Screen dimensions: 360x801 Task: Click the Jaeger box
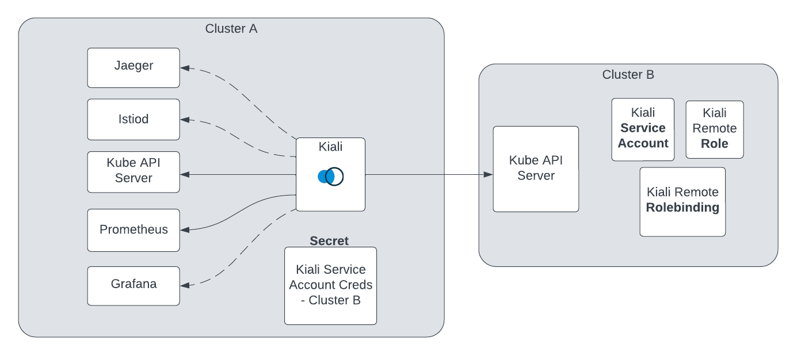click(x=133, y=67)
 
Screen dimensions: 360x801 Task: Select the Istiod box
click(x=133, y=119)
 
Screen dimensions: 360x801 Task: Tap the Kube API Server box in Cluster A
click(x=133, y=171)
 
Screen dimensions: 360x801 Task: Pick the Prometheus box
click(x=133, y=230)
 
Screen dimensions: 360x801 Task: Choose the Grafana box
click(x=133, y=285)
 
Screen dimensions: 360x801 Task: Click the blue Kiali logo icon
click(x=330, y=177)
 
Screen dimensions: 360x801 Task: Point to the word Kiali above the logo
click(x=330, y=147)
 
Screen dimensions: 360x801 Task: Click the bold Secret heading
click(x=329, y=241)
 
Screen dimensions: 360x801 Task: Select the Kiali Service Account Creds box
click(x=330, y=285)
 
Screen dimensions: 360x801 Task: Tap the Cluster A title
click(x=231, y=29)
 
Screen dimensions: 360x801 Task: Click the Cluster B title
click(x=628, y=75)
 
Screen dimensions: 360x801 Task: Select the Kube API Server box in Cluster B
click(x=536, y=168)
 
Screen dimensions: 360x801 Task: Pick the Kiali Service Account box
click(x=643, y=129)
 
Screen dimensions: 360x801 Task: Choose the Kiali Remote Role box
click(x=714, y=129)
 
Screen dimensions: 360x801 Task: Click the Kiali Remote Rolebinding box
click(x=682, y=201)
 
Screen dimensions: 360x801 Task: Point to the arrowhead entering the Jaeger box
click(x=185, y=68)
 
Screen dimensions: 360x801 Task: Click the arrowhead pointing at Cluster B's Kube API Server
click(x=489, y=174)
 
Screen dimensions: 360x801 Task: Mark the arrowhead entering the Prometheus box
click(x=185, y=230)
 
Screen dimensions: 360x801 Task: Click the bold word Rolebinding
click(x=682, y=208)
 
